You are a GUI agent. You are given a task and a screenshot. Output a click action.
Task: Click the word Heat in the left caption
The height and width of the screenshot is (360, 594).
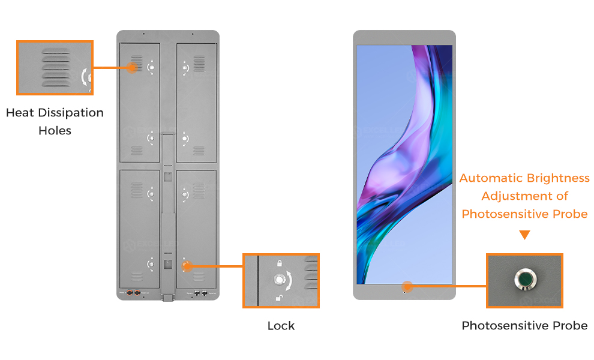(x=20, y=113)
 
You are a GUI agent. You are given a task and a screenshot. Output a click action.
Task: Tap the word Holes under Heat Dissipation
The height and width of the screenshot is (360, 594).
(x=55, y=131)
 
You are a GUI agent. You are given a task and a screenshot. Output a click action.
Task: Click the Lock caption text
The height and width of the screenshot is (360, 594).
(x=281, y=326)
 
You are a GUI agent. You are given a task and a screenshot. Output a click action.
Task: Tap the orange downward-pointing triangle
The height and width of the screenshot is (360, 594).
(x=524, y=235)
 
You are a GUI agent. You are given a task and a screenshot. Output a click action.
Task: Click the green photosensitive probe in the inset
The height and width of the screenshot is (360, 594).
(x=525, y=279)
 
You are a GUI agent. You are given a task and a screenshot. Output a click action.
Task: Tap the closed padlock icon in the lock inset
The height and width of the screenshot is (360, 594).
(x=279, y=263)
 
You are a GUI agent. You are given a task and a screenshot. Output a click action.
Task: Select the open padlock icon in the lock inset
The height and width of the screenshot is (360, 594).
(x=279, y=298)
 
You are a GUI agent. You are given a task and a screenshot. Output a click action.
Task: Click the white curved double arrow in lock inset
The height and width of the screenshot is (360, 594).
(x=289, y=281)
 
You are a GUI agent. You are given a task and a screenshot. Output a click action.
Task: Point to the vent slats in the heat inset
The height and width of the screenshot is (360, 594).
(x=56, y=67)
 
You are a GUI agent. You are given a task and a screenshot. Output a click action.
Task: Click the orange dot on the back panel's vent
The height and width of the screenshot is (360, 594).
(x=132, y=68)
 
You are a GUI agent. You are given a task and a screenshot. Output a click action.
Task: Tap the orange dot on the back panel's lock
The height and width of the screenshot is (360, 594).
(x=187, y=266)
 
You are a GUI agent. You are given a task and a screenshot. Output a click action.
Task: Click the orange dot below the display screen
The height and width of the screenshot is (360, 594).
(x=407, y=286)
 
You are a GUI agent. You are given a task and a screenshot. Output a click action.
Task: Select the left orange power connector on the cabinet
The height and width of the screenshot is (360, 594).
(x=130, y=293)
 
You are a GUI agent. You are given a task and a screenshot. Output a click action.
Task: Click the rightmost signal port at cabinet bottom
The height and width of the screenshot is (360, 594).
(x=205, y=293)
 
